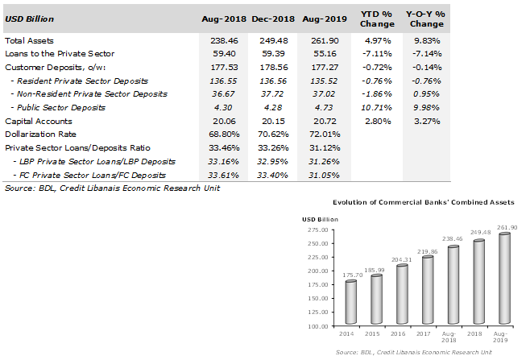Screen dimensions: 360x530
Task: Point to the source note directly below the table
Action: pyautogui.click(x=112, y=188)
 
